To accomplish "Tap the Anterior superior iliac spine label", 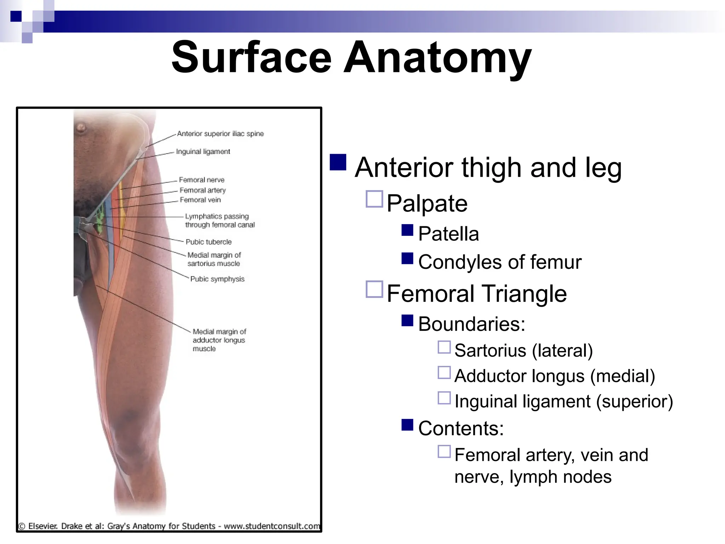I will point(220,134).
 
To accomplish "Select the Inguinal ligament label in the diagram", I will point(203,152).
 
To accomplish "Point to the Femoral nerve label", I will point(201,180).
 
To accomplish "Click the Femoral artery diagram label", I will point(202,190).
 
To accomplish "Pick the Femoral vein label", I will point(200,200).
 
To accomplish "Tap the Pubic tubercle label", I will point(209,242).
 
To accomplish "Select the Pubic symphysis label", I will point(217,279).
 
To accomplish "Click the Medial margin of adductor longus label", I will point(219,340).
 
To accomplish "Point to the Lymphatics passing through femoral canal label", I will point(219,221).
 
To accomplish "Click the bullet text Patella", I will point(448,234).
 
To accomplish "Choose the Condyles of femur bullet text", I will point(499,262).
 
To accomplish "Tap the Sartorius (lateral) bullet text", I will point(523,351).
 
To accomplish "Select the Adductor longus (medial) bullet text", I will point(554,376).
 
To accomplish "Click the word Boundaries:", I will point(472,324).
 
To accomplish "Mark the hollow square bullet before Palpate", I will point(374,199).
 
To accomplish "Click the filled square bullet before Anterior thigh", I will point(338,163).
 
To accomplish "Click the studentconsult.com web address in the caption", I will point(272,526).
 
